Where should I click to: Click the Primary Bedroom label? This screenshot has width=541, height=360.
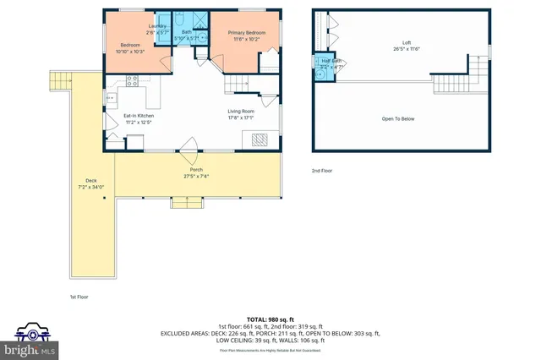pos(243,33)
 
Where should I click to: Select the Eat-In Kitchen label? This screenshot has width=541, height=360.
pos(139,115)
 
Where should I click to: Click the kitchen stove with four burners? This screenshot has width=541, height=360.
pos(132,81)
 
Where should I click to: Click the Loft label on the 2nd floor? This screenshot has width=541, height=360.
pos(406,42)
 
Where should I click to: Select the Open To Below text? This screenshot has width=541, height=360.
pos(398,118)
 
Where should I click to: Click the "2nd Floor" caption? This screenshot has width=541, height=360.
pos(322,171)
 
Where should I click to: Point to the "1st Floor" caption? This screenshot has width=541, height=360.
pos(79,297)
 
